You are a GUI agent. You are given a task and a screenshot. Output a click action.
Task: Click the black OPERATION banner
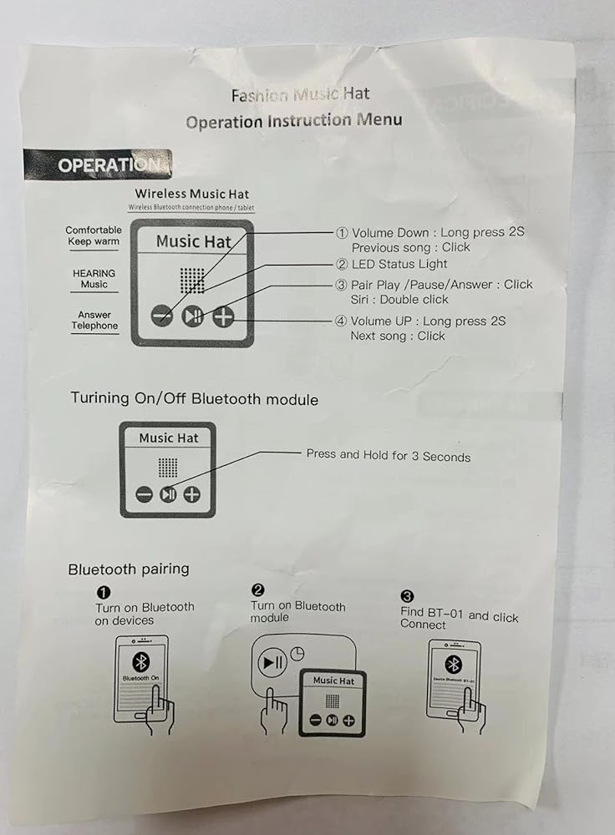98,164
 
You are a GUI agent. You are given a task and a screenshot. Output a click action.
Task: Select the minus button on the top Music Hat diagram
162,316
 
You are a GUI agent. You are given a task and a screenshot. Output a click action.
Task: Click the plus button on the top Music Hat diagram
223,316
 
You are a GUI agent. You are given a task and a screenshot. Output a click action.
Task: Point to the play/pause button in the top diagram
192,316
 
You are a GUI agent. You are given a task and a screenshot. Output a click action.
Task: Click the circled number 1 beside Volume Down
342,233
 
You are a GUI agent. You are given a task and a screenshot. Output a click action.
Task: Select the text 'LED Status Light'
399,265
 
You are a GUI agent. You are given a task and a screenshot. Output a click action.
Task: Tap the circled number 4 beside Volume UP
342,321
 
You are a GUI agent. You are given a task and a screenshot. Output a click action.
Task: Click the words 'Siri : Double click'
399,300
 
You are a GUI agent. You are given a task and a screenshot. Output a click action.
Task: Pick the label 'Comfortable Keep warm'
94,236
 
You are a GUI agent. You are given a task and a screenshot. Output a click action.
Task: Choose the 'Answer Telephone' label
94,321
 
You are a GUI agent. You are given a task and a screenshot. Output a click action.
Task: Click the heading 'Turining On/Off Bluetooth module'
194,399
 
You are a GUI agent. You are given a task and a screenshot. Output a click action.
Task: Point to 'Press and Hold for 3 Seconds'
388,456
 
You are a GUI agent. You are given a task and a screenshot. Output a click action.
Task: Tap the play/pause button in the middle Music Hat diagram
168,494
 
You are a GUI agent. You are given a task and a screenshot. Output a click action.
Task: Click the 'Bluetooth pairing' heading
129,569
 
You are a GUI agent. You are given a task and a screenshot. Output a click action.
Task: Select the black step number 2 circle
258,590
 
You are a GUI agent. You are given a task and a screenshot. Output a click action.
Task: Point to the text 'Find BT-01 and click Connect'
459,619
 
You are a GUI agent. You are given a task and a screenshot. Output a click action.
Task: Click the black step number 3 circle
407,596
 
